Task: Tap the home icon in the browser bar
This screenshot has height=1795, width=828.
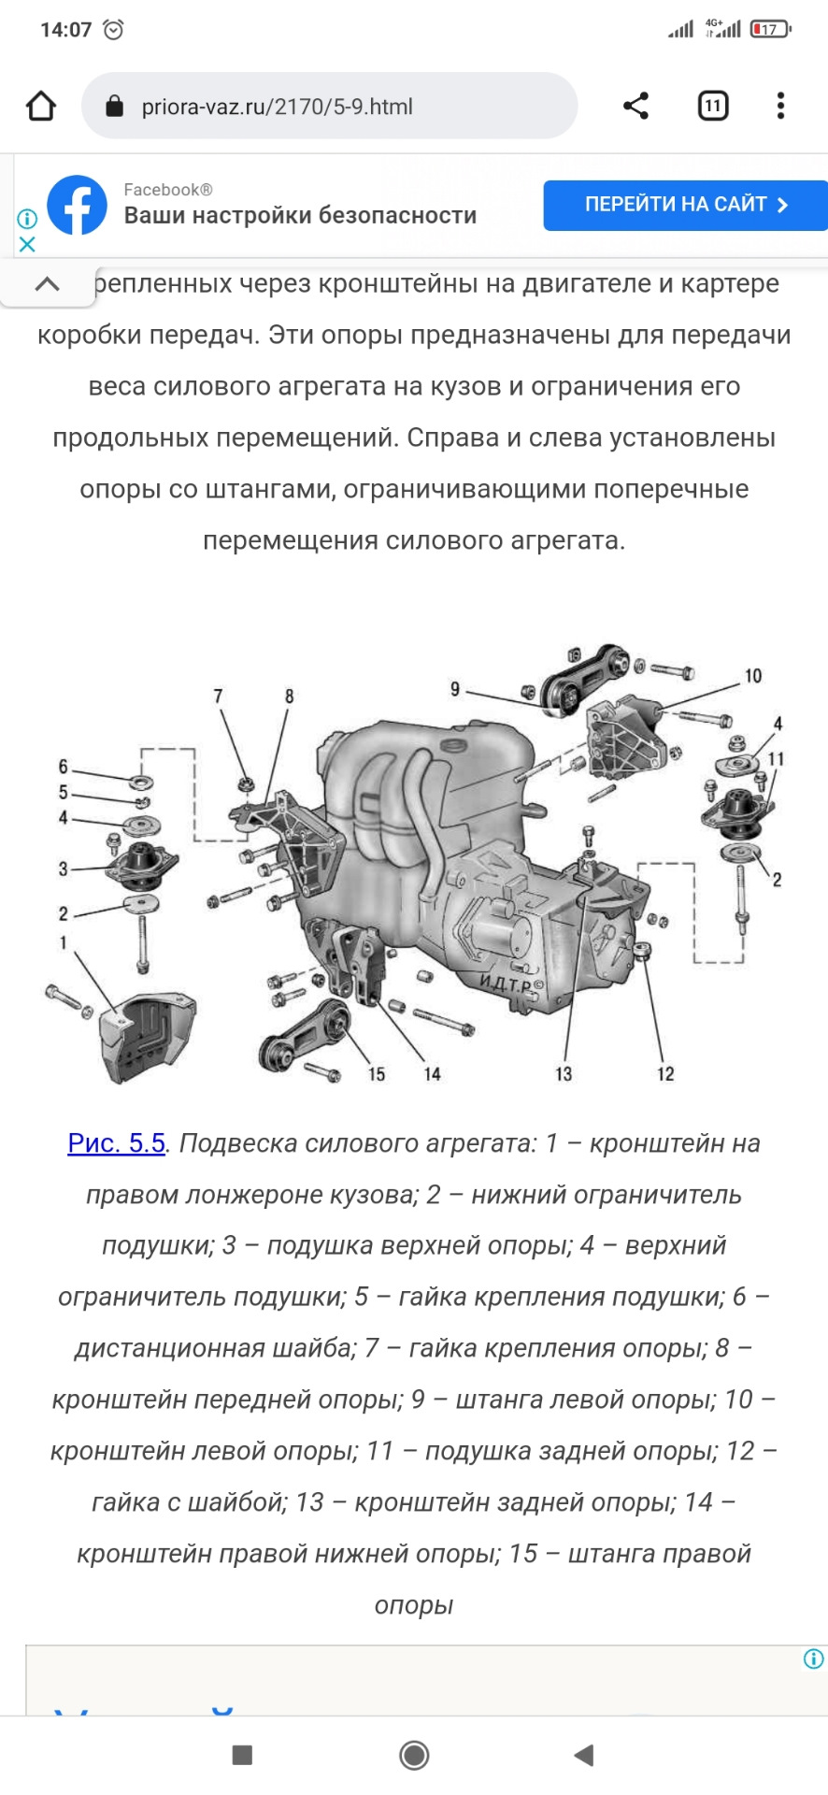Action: coord(41,106)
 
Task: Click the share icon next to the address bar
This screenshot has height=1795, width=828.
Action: coord(635,106)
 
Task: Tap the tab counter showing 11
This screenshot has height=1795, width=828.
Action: coord(712,106)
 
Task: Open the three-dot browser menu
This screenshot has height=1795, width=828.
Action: coord(780,106)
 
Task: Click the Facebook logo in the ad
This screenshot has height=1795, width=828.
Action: coord(77,205)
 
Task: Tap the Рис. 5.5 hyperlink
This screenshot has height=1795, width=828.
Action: coord(116,1142)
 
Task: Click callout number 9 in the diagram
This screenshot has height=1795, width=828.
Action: coord(455,689)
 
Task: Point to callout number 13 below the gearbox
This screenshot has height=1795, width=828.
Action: coord(564,1074)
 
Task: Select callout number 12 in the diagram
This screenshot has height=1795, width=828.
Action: coord(665,1074)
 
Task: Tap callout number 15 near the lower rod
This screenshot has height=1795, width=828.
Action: coord(377,1074)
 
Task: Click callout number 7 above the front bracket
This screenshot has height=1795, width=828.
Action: coord(218,696)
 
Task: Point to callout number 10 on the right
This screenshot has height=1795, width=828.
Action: coord(753,675)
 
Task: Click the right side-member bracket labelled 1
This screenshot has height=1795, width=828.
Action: coord(145,1038)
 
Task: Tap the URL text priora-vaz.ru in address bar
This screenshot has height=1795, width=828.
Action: coord(277,107)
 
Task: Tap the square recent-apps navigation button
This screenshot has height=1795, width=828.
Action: coord(242,1755)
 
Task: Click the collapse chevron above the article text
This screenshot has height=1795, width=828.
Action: coord(47,284)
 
